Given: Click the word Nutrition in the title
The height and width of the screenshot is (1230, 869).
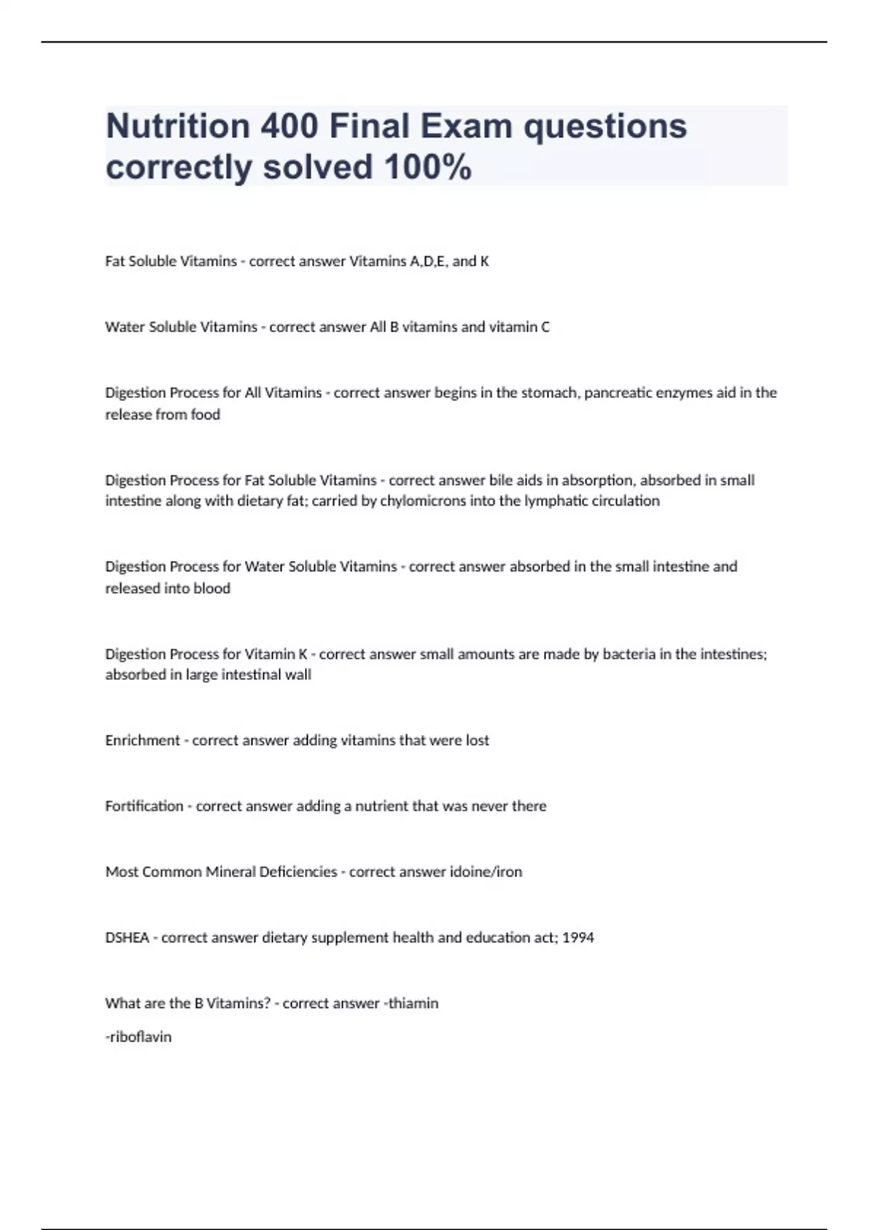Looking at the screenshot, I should (x=177, y=126).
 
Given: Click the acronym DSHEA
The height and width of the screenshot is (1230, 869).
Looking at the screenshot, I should (x=127, y=938).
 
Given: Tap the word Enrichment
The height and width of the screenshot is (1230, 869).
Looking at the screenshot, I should (x=143, y=740).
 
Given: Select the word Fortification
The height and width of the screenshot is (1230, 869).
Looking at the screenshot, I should (x=144, y=806).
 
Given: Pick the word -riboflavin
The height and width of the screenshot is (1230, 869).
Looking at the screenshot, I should (x=138, y=1037).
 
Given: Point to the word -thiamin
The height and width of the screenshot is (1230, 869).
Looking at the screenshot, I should (x=411, y=1004).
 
